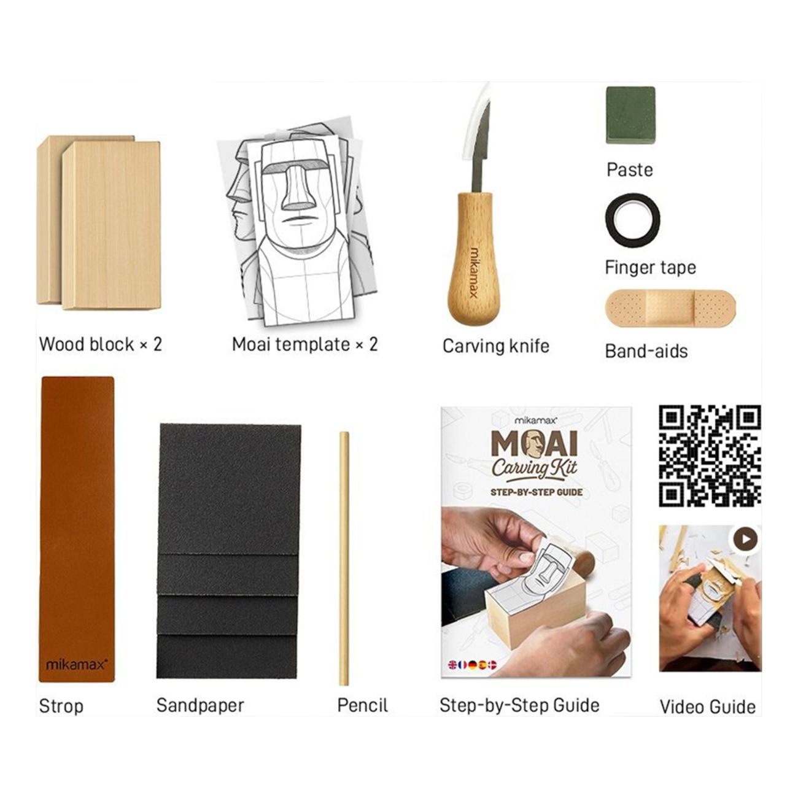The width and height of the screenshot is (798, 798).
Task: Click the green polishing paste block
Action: [630, 115]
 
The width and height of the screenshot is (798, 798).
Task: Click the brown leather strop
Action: [77, 528]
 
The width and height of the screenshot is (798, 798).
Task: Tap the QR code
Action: [710, 455]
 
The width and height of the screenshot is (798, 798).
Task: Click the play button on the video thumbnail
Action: [745, 539]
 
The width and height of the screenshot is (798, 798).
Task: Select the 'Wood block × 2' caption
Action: [101, 344]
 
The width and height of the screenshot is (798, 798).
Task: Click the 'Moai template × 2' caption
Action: [304, 344]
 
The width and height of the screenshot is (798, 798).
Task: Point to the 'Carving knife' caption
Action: [495, 346]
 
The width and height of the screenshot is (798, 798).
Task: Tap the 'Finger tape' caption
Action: [650, 268]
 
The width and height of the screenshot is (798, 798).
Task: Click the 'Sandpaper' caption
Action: [200, 705]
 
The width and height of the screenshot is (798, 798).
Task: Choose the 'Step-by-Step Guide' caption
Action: [519, 705]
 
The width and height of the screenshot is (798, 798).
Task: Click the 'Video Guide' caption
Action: [707, 707]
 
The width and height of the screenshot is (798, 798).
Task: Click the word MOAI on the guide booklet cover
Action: [534, 444]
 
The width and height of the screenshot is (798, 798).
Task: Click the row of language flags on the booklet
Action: [472, 665]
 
